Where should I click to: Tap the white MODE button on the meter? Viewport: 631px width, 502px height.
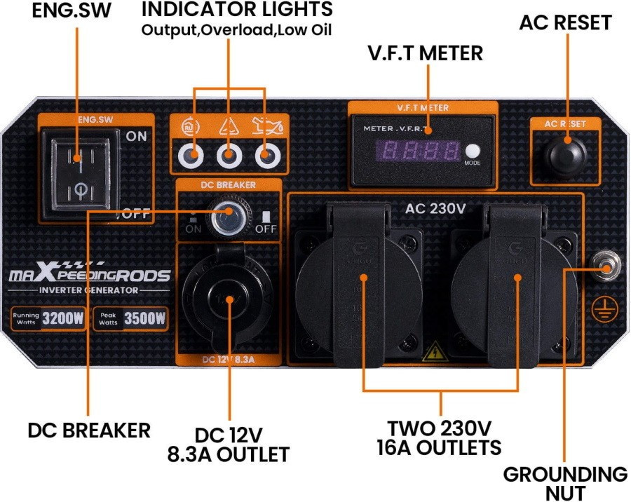pyautogui.click(x=472, y=151)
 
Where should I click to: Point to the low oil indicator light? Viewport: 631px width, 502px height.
pyautogui.click(x=266, y=156)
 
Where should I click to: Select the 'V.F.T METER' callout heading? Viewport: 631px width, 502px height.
pyautogui.click(x=425, y=53)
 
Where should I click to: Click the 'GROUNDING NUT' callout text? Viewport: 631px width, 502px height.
pyautogui.click(x=565, y=483)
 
